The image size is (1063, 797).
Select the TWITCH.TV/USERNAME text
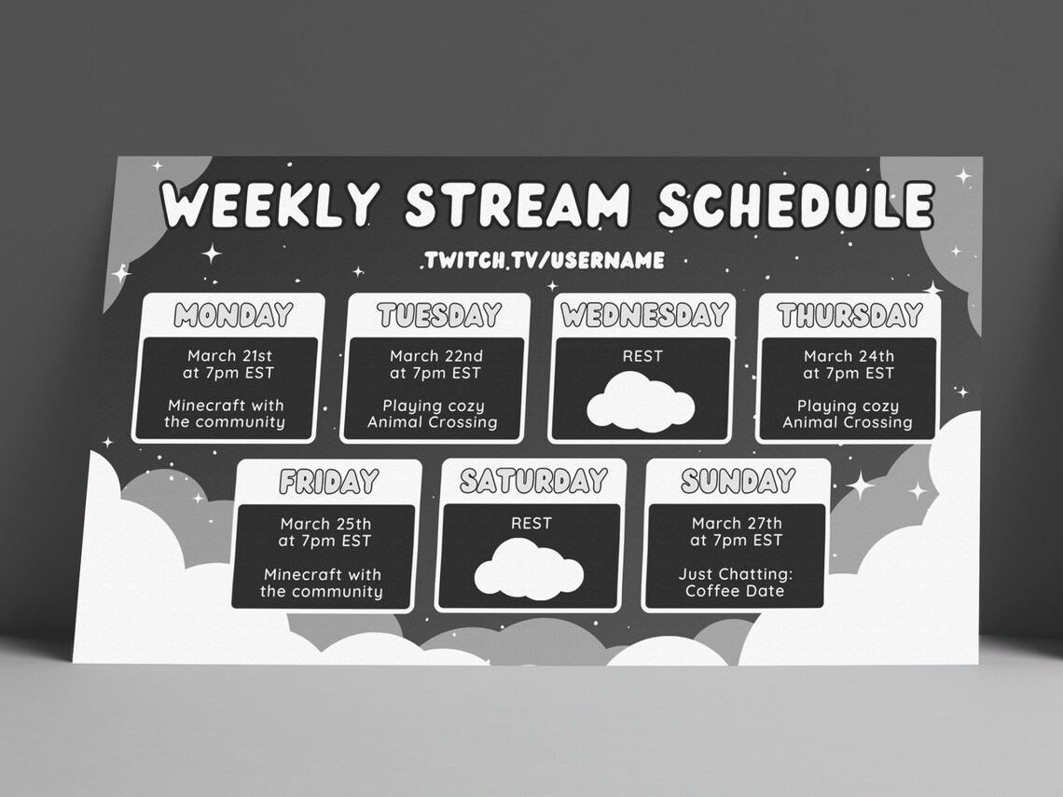coord(544,259)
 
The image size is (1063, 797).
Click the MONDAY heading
coord(233,316)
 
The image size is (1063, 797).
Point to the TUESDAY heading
coord(439,316)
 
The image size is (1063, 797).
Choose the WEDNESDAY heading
coord(643,316)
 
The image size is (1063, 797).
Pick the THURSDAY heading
coord(849,316)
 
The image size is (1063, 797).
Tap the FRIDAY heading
coord(328,482)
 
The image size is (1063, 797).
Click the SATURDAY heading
coord(532,481)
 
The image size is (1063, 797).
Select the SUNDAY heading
coord(737,481)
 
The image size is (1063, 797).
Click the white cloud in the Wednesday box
coord(642,402)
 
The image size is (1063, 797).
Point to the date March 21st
coord(229,356)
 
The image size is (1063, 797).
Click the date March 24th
coord(849,356)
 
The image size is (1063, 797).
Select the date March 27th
coord(737,523)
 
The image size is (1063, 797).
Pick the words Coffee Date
coord(735,591)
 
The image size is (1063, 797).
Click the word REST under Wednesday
coord(642,356)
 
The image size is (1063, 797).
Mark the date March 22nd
coord(436,356)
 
